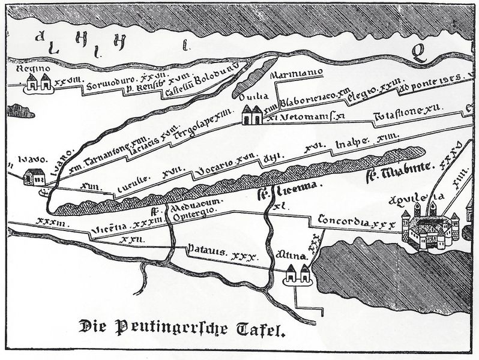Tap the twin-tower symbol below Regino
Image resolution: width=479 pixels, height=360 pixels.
[x=38, y=83]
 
